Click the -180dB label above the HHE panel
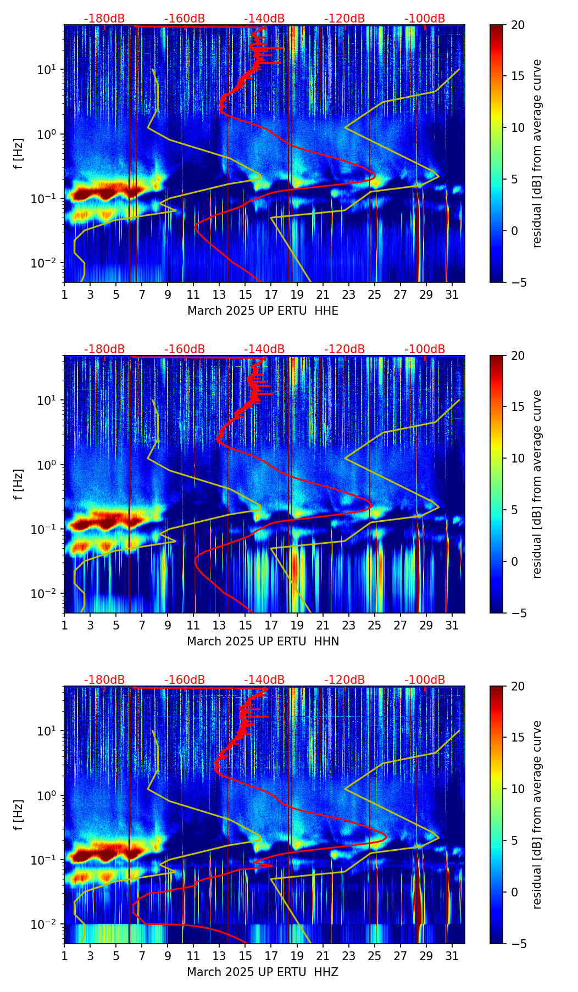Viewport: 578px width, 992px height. point(104,19)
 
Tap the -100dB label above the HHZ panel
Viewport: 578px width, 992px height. point(425,680)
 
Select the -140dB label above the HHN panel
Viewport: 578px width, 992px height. point(264,349)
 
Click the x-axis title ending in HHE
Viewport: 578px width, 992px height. point(263,311)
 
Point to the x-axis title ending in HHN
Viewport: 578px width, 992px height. point(263,642)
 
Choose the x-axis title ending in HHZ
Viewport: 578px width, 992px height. point(263,972)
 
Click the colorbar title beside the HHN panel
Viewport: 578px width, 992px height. point(537,484)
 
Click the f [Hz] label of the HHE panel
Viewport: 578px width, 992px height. point(19,153)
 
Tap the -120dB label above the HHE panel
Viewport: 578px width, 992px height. point(344,19)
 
